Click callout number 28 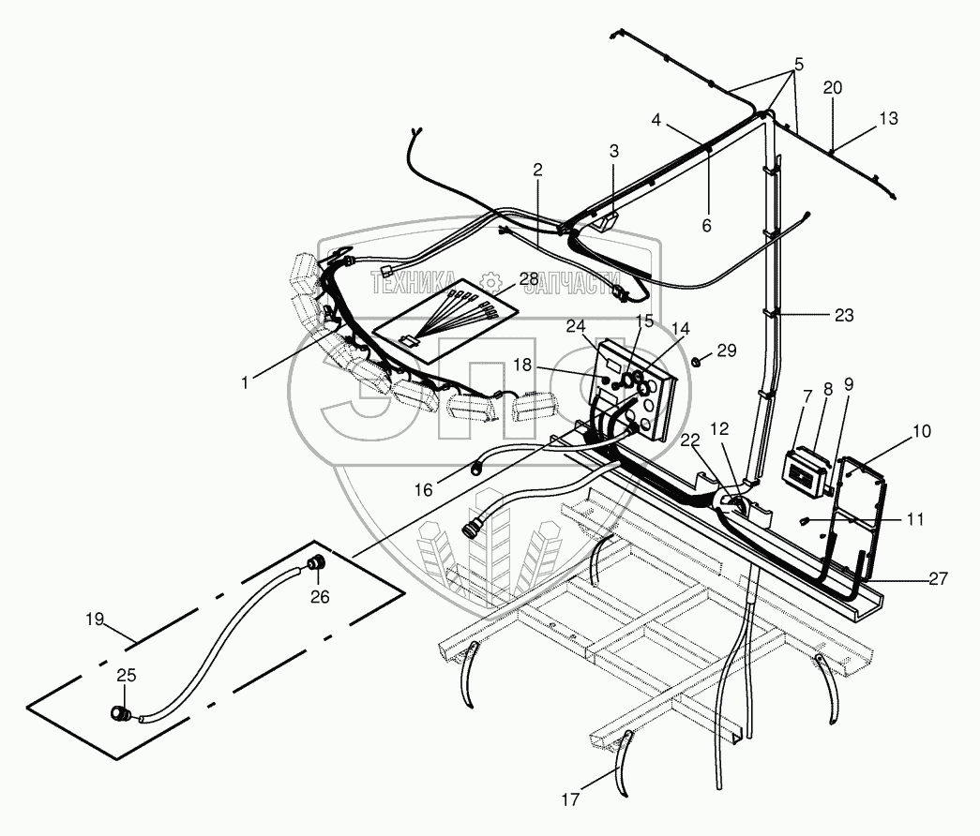(528, 279)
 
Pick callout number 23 (844, 316)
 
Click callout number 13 (888, 119)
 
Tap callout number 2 (537, 170)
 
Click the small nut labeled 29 (697, 361)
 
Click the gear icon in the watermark (489, 281)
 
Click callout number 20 (833, 87)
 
